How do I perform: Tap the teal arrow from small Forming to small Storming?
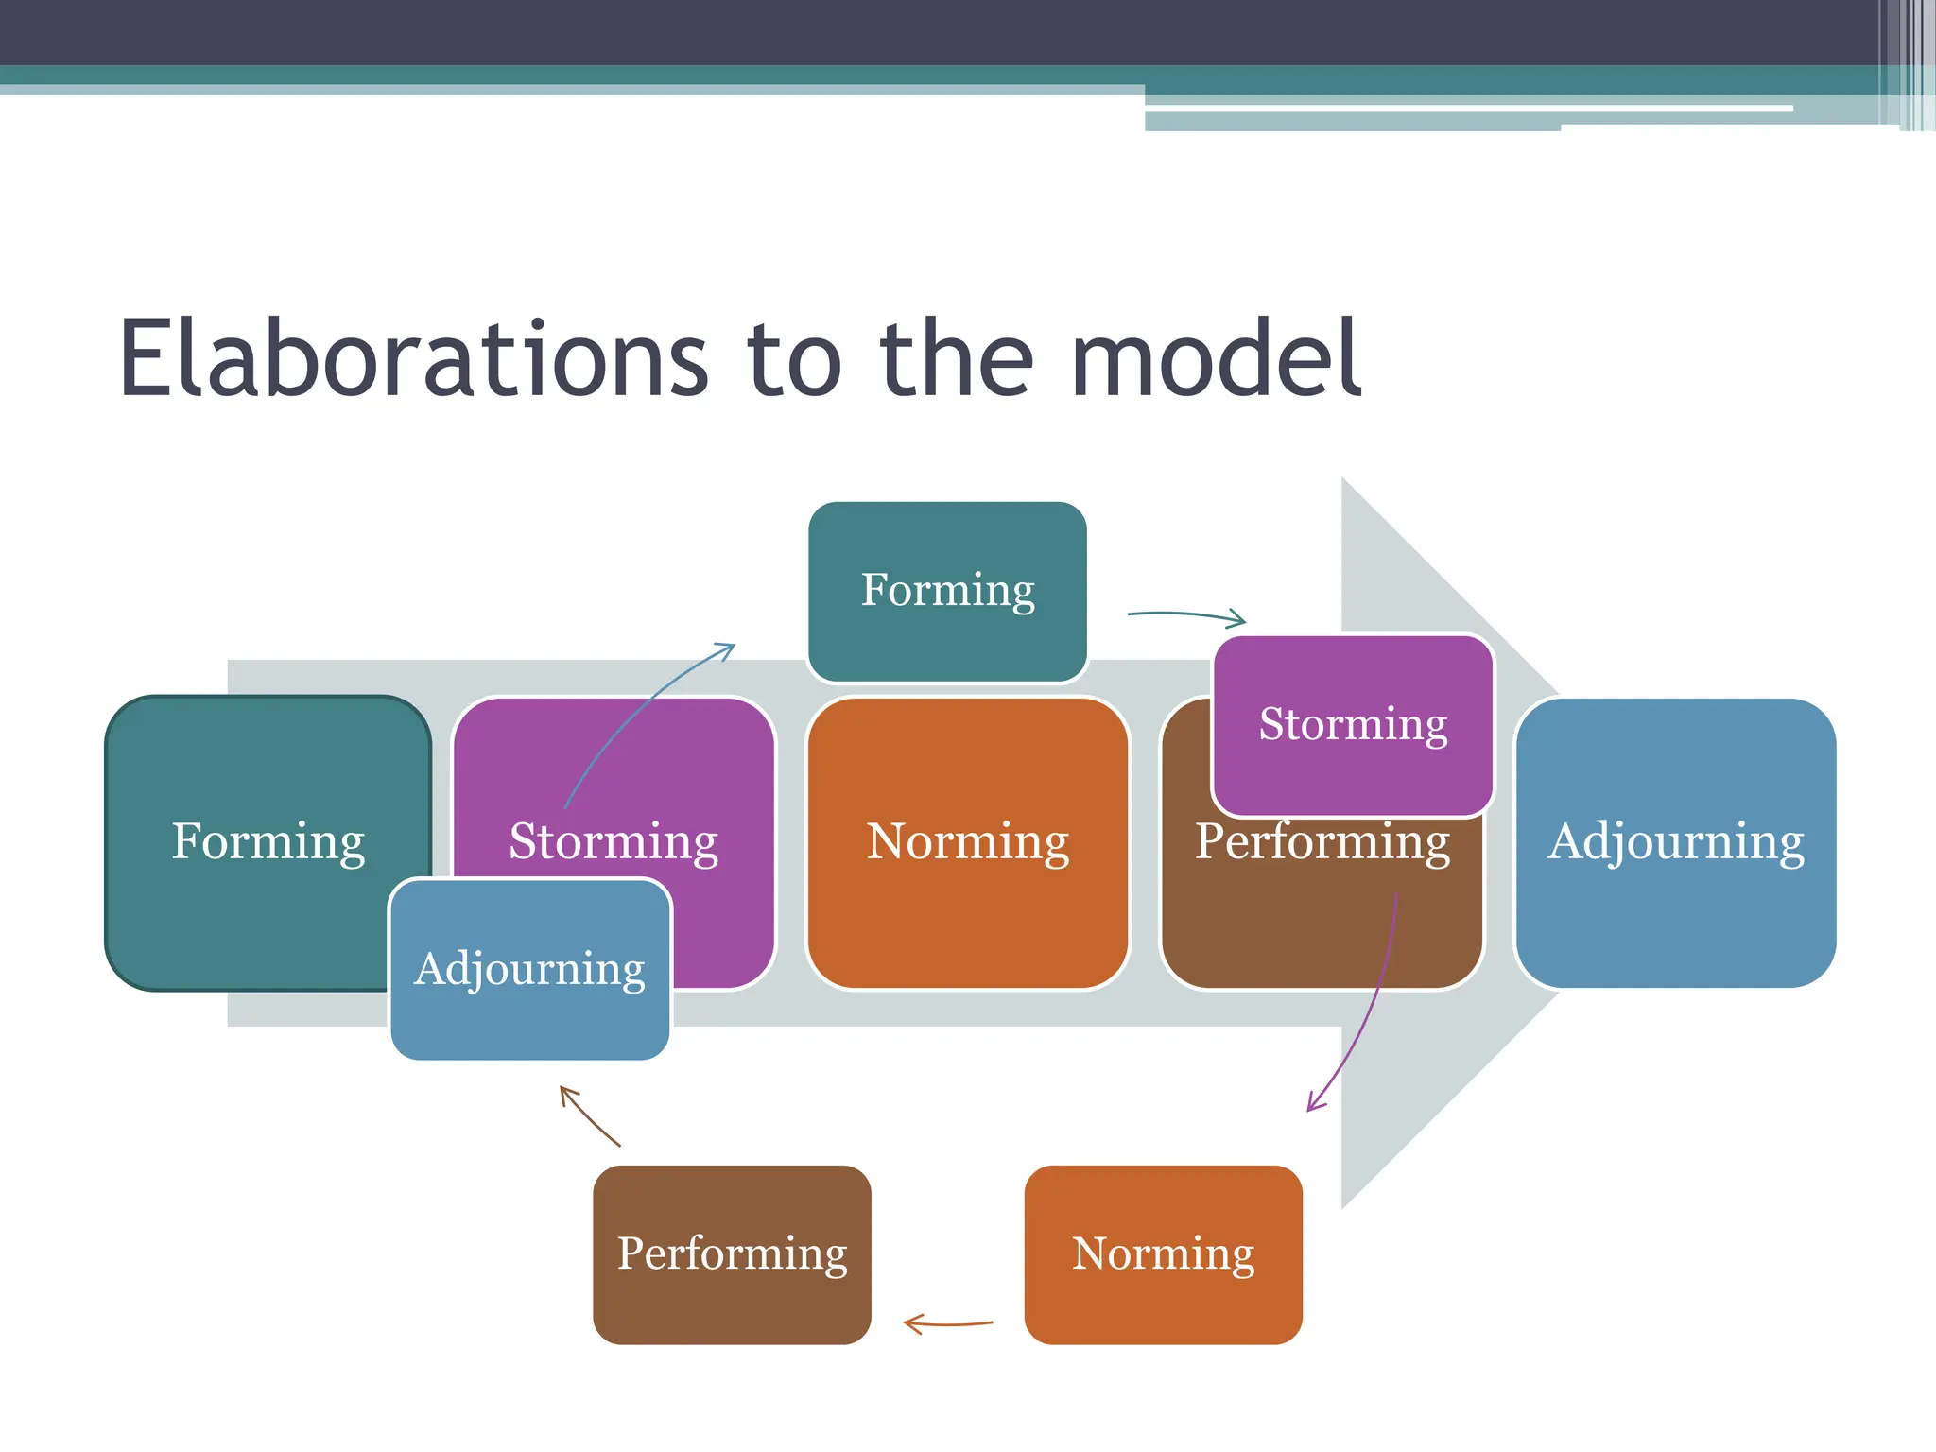pos(1187,615)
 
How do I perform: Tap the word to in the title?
pos(794,359)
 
